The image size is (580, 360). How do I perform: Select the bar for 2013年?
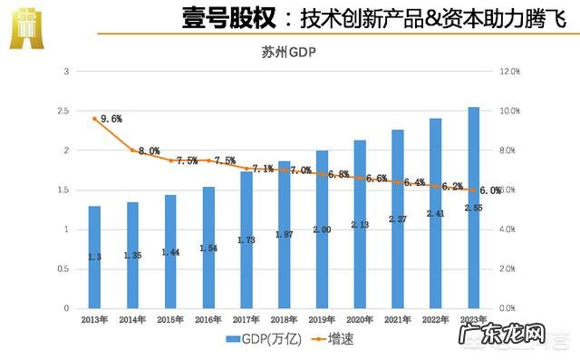[95, 258]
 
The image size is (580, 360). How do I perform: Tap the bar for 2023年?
[474, 208]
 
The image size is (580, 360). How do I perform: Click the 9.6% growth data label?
[111, 118]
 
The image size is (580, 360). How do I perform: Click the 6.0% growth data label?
[490, 190]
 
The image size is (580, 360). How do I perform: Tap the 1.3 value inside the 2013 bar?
[95, 258]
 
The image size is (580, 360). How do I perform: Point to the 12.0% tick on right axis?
[510, 71]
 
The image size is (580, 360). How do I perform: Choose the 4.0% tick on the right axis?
[510, 229]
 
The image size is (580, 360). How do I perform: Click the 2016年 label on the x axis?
[208, 319]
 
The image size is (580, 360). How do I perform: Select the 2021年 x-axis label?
[398, 319]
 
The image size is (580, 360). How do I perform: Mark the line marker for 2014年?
[133, 151]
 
